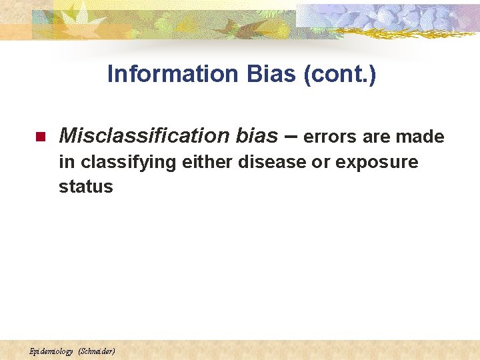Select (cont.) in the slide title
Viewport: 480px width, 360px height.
[339, 74]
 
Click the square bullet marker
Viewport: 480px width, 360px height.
[39, 137]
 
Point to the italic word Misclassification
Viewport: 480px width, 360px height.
[145, 136]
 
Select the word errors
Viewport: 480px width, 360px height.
[331, 137]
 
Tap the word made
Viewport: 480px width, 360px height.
[419, 137]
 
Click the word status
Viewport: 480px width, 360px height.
[86, 187]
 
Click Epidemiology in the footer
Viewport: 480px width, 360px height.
[51, 351]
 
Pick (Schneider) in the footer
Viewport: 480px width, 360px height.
[97, 351]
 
